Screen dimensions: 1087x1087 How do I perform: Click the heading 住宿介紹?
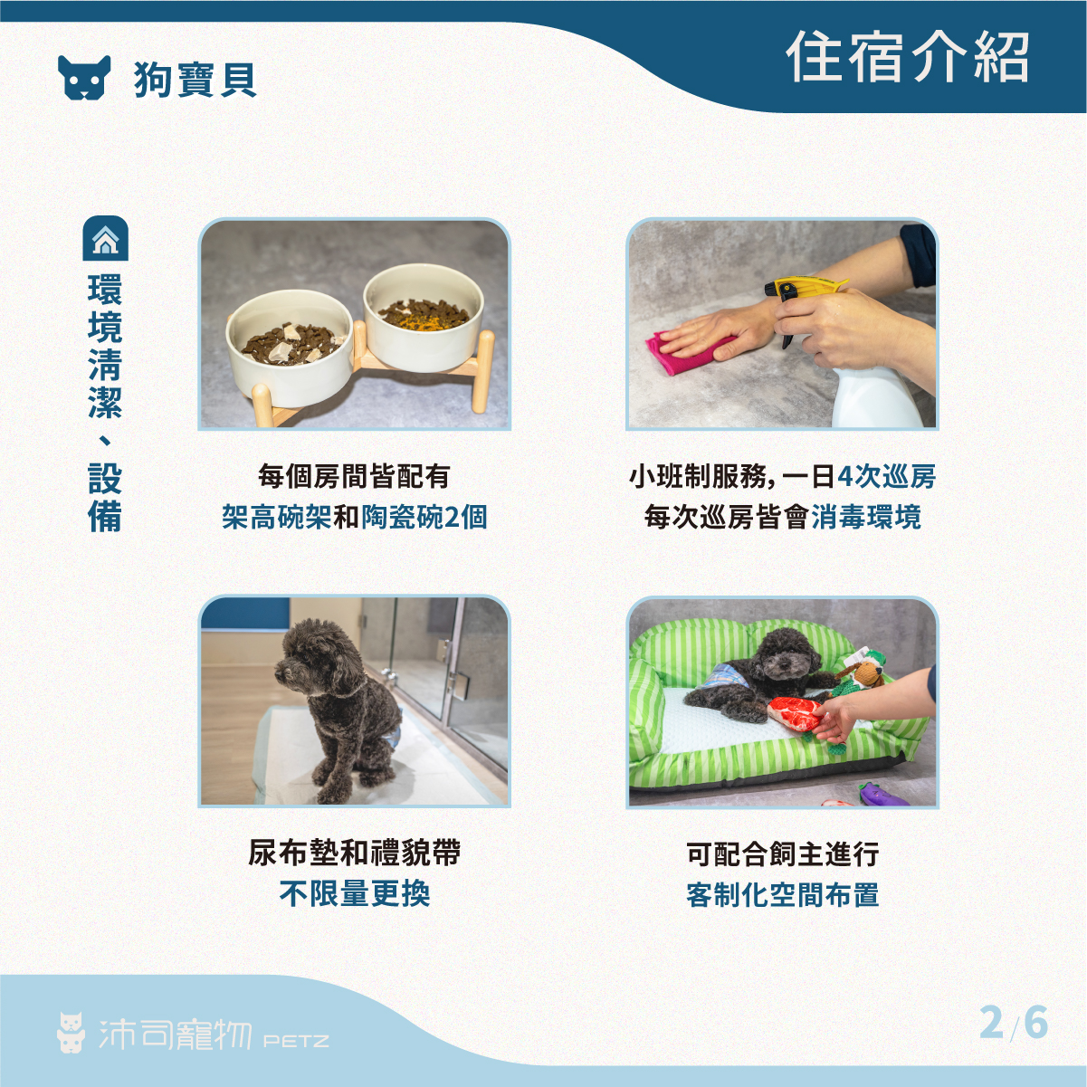point(908,57)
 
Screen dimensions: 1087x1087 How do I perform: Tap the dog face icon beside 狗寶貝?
point(84,78)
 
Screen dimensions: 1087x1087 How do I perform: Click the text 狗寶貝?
point(195,80)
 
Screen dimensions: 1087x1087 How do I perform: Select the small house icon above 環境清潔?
point(106,238)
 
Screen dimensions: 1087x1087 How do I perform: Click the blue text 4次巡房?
point(886,476)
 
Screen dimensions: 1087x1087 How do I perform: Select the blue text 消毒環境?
point(866,517)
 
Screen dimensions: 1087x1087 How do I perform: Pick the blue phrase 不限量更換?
point(355,893)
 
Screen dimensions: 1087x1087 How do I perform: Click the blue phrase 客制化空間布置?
point(782,894)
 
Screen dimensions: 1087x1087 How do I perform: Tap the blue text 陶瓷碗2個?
point(424,517)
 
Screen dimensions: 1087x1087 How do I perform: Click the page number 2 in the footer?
point(991,1023)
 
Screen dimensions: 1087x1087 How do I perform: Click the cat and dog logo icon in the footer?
point(72,1033)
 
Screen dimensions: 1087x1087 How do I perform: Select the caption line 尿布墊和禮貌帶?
point(355,853)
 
